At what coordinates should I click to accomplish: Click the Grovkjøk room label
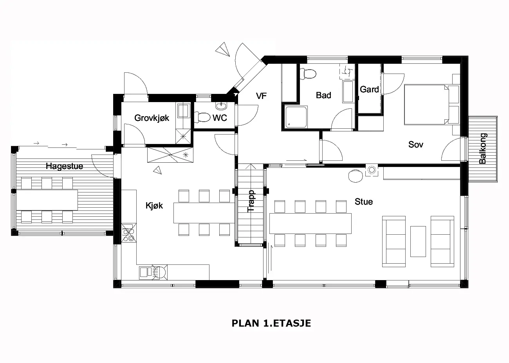click(x=152, y=118)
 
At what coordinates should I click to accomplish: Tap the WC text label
click(x=220, y=118)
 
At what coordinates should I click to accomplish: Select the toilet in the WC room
click(x=202, y=118)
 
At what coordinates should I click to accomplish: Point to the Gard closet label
click(x=369, y=90)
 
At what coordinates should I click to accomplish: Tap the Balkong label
click(x=482, y=149)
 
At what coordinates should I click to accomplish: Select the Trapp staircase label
click(x=251, y=201)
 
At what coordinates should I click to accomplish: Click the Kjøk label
click(x=154, y=206)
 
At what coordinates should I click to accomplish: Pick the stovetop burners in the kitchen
click(x=128, y=233)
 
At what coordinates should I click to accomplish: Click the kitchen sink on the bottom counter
click(x=146, y=272)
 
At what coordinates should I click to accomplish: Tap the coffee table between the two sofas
click(x=418, y=241)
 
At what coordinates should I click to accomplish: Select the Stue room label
click(x=364, y=201)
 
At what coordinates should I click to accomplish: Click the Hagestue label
click(x=64, y=166)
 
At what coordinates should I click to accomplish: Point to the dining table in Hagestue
click(x=47, y=200)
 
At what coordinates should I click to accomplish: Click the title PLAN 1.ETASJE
click(x=271, y=323)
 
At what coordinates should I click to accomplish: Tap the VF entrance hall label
click(x=261, y=96)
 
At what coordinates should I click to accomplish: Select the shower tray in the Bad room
click(x=296, y=117)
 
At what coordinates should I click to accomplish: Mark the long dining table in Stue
click(x=310, y=223)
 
